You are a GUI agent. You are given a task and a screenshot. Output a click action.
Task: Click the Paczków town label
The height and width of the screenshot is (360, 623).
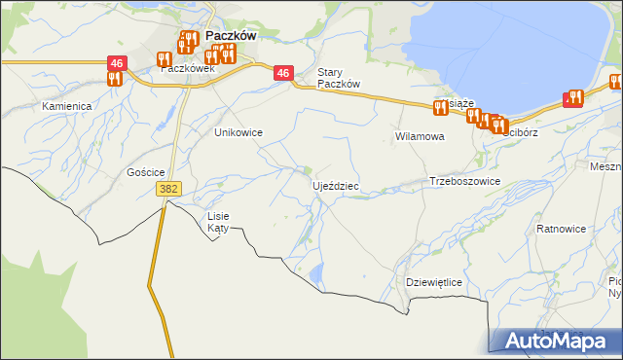[x=231, y=35]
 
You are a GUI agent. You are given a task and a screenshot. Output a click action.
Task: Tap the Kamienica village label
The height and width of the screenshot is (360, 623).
[x=67, y=105]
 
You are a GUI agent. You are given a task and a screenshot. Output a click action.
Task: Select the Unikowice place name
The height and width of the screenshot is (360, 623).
[x=239, y=132]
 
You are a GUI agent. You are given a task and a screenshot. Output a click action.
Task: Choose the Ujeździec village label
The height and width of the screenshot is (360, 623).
[x=336, y=185]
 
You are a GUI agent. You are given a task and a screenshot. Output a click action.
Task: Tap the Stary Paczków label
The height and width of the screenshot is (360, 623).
[x=339, y=78]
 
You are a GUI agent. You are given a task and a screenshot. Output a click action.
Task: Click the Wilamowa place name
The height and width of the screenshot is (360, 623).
[x=420, y=137]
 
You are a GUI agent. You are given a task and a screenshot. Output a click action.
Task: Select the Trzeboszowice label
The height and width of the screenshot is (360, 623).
[x=464, y=182]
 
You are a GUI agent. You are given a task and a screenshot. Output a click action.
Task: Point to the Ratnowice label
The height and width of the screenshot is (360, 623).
[x=561, y=230]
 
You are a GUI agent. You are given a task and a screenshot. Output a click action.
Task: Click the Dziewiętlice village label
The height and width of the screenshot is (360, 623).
[x=433, y=282]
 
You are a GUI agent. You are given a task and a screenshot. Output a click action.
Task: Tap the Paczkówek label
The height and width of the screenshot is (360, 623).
[x=187, y=69]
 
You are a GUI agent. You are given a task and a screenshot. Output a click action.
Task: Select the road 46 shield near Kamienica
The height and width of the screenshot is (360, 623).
[x=116, y=63]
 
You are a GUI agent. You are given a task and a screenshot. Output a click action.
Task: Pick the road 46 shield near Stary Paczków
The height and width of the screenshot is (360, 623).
[x=283, y=73]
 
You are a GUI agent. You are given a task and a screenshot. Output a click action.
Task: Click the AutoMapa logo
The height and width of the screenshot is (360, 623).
[x=554, y=341]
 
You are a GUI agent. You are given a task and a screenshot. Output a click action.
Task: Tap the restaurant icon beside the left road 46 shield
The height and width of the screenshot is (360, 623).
[x=114, y=79]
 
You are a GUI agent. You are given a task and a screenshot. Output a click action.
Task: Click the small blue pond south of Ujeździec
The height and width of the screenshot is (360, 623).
[x=316, y=275]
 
